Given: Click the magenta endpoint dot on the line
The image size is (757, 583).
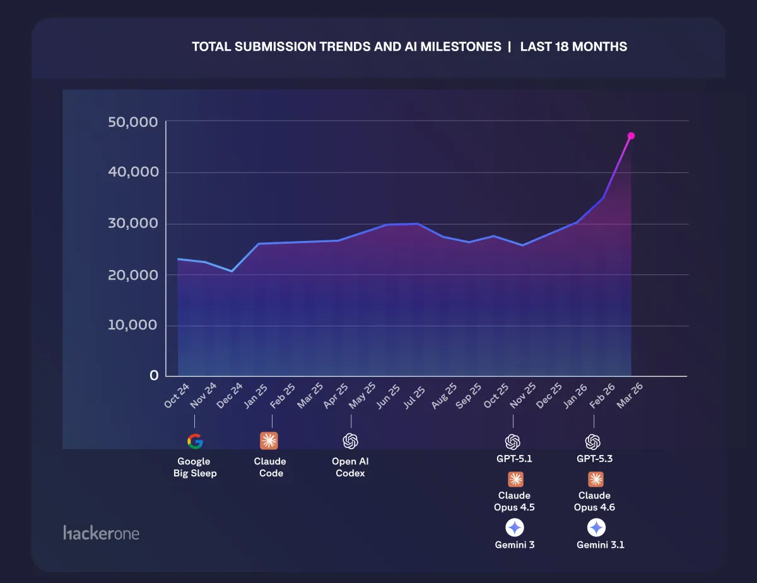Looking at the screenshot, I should pos(631,136).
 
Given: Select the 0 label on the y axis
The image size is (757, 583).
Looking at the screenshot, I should pos(154,375).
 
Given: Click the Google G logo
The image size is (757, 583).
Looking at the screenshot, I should pos(195,441).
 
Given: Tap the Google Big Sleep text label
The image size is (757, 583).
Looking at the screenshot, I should pos(195,468).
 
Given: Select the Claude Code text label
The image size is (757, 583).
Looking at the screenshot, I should pos(270,468).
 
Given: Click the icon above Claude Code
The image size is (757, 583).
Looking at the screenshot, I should pos(269,441).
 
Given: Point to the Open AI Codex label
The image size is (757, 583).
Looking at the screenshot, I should pos(350,468).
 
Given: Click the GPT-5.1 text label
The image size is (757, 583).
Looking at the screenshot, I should pos(514,459).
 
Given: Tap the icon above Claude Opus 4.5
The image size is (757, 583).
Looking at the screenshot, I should pos(514,480).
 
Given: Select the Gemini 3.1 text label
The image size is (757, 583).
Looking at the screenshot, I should pos(600,545).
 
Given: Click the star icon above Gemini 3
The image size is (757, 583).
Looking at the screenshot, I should pos(514,527).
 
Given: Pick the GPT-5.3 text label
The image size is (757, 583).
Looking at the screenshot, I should pos(594,459).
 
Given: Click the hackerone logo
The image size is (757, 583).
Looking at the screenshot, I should pos(101,533).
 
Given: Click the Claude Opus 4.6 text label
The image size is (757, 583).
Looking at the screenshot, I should pos(594,501).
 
